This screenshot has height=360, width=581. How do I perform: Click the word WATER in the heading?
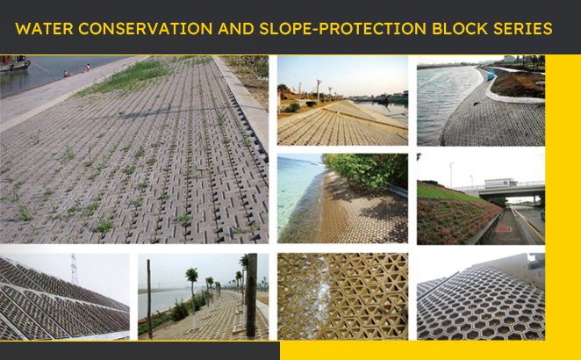pyautogui.click(x=44, y=29)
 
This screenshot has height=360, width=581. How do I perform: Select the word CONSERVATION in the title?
pyautogui.click(x=146, y=29)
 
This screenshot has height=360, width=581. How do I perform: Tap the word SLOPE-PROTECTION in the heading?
pyautogui.click(x=343, y=29)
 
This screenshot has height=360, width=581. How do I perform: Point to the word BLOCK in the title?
pyautogui.click(x=459, y=29)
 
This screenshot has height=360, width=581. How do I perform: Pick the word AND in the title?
pyautogui.click(x=236, y=29)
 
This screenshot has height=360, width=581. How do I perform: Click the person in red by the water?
pyautogui.click(x=88, y=68)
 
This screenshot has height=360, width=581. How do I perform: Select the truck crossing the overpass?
pyautogui.click(x=501, y=183)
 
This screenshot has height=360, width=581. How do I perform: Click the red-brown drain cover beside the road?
pyautogui.click(x=503, y=229)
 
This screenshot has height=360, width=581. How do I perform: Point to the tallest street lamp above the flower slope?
pyautogui.click(x=451, y=175)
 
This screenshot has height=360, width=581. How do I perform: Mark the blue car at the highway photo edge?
pyautogui.click(x=542, y=214)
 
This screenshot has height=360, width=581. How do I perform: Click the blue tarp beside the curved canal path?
pyautogui.click(x=491, y=76)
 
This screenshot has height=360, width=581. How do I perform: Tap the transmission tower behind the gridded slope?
pyautogui.click(x=74, y=269)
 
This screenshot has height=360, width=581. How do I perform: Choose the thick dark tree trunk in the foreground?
pyautogui.click(x=252, y=296)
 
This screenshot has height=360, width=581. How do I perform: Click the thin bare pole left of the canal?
pyautogui.click(x=149, y=299)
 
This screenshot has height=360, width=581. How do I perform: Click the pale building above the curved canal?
pyautogui.click(x=509, y=59)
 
